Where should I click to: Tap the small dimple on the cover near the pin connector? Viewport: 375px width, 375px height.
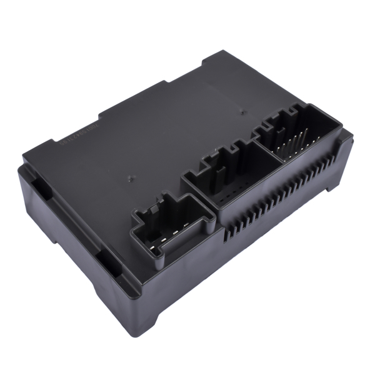(x=242, y=114)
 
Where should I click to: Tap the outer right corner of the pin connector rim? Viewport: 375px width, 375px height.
(x=342, y=131)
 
